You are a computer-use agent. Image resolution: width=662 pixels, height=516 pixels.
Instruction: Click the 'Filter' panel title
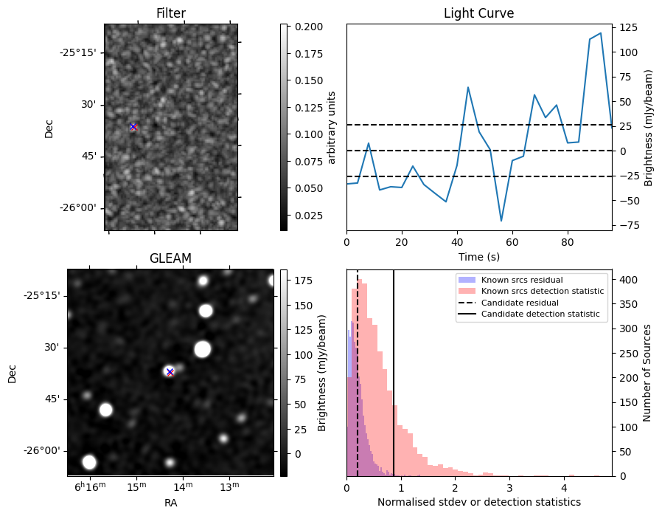pos(170,13)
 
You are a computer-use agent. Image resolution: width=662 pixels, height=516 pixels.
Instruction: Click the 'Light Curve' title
pos(478,13)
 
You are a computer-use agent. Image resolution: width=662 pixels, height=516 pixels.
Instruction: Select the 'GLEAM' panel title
pos(170,258)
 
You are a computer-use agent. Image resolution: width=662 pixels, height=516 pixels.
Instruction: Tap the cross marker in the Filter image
pos(133,127)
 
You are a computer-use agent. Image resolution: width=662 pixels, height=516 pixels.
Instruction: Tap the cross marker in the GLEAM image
pos(170,371)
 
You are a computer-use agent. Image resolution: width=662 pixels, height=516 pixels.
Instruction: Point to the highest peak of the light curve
pos(601,33)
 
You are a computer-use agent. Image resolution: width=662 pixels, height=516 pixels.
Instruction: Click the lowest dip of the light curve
pos(501,221)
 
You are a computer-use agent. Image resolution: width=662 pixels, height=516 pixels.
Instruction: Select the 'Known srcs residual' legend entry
pos(521,281)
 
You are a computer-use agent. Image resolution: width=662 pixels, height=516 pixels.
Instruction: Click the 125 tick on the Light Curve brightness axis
pos(628,27)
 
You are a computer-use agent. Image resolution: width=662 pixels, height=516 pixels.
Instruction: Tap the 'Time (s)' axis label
pos(478,256)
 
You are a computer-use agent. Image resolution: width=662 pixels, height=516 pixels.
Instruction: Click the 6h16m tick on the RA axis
pos(90,487)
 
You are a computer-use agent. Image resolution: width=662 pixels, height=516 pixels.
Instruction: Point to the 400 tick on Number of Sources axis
pos(628,281)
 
